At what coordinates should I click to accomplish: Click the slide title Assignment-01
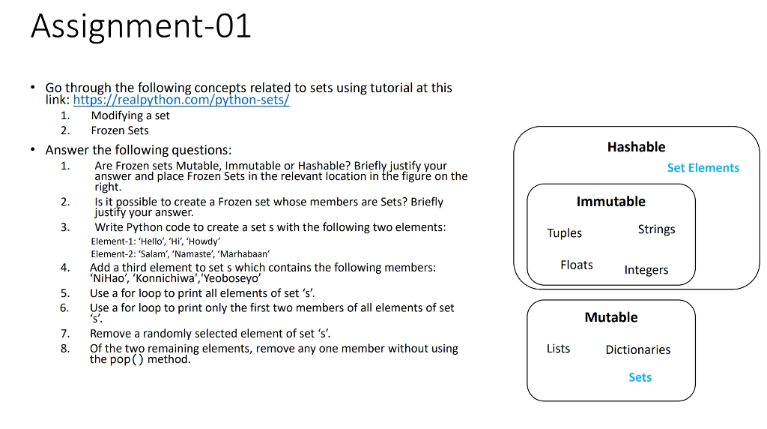coord(141,27)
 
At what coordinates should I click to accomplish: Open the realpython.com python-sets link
coord(181,100)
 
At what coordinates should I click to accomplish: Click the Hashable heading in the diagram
coord(636,147)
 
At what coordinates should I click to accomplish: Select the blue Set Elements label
coord(703,168)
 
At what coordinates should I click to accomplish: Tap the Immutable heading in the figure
coord(610,202)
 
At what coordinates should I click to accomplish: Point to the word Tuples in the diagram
coord(564,233)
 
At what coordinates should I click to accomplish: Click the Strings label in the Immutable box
coord(656,229)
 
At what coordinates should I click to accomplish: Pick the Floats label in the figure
coord(576,265)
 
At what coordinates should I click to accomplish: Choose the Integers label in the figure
coord(646,270)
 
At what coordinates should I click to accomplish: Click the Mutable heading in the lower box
coord(611,317)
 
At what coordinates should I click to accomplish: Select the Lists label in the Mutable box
coord(558,349)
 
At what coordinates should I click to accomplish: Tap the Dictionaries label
coord(637,349)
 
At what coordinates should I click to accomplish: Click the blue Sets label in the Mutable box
coord(640,377)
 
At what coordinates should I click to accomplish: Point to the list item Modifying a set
coord(130,115)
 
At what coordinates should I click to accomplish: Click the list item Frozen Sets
coord(120,130)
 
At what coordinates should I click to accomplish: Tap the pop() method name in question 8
coord(127,359)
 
